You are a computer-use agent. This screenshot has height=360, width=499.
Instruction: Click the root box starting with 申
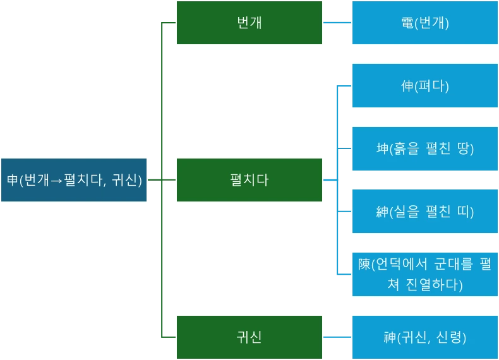[x=74, y=180]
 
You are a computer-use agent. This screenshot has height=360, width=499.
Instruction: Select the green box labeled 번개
[x=249, y=23]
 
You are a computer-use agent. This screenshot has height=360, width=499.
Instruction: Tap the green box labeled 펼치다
[x=249, y=180]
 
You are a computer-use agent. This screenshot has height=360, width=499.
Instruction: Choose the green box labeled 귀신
[x=249, y=337]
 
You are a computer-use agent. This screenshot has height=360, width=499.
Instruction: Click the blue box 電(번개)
[x=424, y=23]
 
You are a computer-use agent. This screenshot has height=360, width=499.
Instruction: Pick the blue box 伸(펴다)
[x=424, y=86]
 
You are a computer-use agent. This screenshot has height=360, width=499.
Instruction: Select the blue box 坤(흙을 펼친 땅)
[x=424, y=148]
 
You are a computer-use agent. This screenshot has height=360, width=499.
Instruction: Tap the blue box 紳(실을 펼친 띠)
[x=424, y=212]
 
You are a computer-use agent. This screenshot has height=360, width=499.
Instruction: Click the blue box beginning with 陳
[x=424, y=274]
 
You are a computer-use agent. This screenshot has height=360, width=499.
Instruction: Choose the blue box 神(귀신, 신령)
[x=424, y=337]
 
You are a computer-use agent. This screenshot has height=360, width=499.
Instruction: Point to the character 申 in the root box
[x=13, y=180]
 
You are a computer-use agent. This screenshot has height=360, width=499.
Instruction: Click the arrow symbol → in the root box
[x=56, y=181]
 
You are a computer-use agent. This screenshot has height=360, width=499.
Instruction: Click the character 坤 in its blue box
[x=382, y=149]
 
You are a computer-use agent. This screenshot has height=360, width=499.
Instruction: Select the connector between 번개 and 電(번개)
[x=337, y=23]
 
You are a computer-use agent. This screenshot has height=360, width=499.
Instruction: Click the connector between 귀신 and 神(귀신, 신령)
[x=337, y=337]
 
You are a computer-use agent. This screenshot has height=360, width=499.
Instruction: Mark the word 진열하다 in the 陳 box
[x=435, y=285]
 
